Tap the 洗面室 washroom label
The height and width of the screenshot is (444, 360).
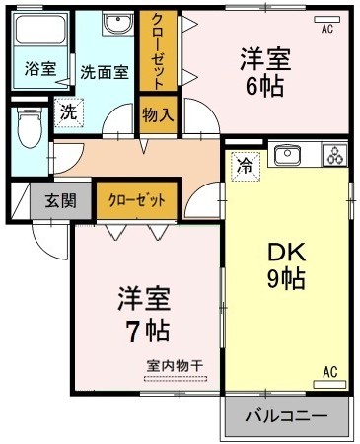(x=105, y=70)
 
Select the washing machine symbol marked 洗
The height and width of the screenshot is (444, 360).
(x=68, y=113)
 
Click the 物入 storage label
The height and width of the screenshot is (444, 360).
(x=158, y=114)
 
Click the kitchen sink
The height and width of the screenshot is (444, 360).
(x=287, y=155)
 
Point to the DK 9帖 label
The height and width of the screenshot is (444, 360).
(x=286, y=266)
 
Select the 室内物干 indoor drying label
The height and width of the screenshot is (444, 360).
(x=174, y=366)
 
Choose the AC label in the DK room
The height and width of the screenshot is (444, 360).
(x=330, y=372)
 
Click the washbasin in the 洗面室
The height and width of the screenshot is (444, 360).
(x=119, y=26)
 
